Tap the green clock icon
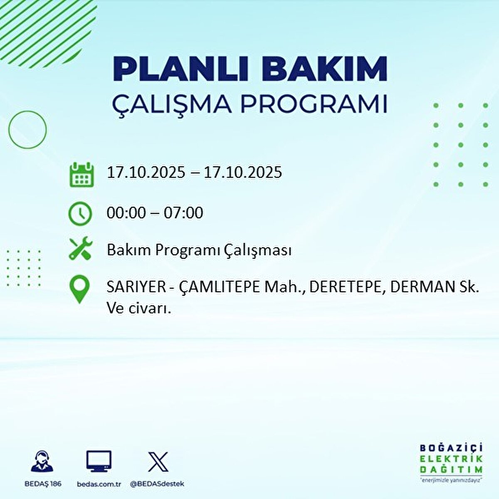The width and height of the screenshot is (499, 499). click(x=80, y=214)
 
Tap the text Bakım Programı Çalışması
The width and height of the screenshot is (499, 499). click(x=199, y=250)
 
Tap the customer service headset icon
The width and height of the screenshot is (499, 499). click(x=42, y=462)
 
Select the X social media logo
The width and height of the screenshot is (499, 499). click(x=158, y=462)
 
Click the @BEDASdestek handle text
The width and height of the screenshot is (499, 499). click(x=157, y=484)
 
